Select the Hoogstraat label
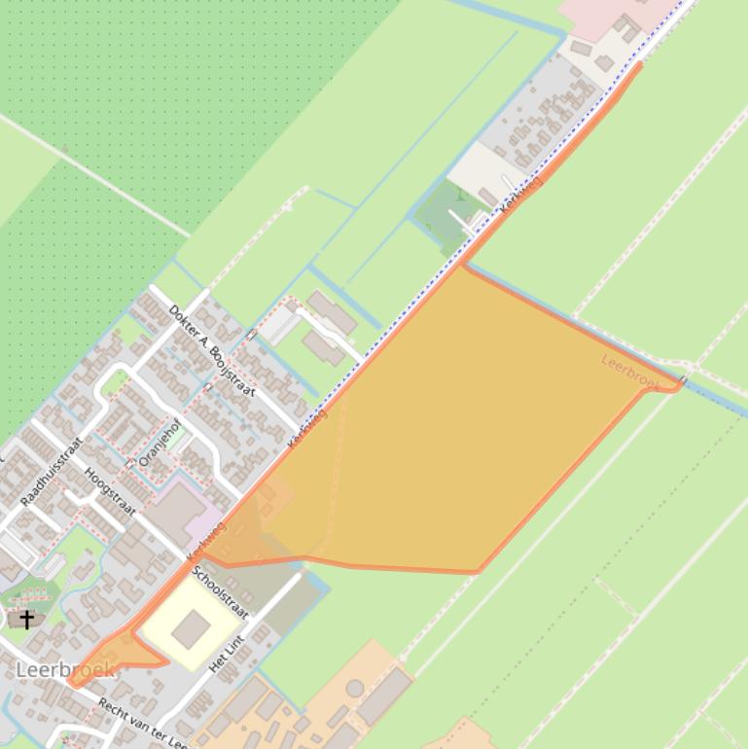(109, 491)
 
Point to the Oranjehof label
(160, 442)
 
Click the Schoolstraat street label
(220, 591)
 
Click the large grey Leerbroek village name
(65, 669)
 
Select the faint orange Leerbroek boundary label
(629, 374)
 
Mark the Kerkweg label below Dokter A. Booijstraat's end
(307, 428)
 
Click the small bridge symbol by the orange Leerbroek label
(683, 380)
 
